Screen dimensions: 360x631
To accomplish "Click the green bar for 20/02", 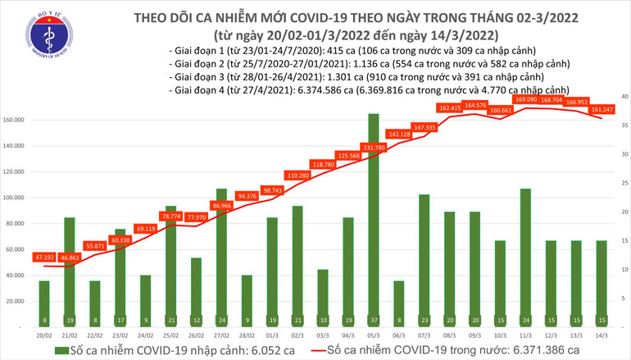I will [44, 303].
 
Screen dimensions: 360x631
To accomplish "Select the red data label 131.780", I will [373, 148].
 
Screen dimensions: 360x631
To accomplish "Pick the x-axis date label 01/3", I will [272, 335].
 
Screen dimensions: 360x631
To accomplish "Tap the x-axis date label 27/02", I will [221, 335].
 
